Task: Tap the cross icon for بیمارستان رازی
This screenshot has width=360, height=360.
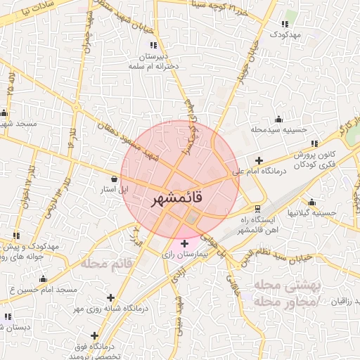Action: point(184,243)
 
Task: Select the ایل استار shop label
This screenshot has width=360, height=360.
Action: point(114,189)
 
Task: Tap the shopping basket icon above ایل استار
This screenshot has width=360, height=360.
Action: point(114,179)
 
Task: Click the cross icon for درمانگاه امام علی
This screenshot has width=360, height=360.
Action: point(259,160)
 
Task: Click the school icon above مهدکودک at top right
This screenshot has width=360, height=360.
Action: point(285,24)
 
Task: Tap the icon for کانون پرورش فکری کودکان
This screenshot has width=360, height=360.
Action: point(314,143)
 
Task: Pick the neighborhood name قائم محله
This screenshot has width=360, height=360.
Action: point(108,264)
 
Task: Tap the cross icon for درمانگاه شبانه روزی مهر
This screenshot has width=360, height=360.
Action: point(110,297)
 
